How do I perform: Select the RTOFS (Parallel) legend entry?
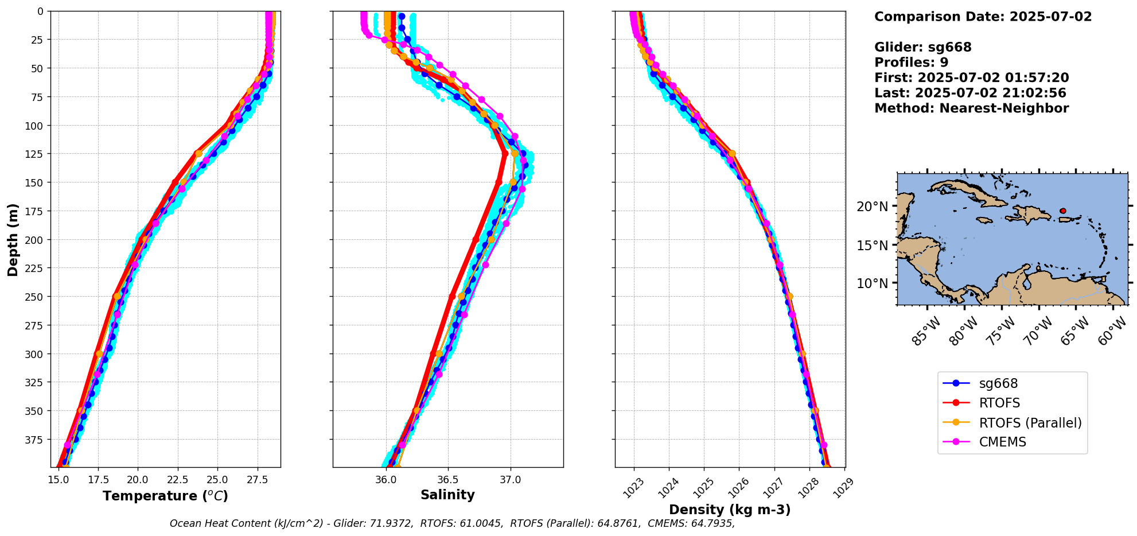click(1030, 423)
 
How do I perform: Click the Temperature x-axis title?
click(165, 496)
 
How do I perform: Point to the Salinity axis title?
click(447, 495)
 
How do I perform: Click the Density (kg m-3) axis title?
click(730, 510)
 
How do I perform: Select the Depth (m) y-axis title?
click(13, 239)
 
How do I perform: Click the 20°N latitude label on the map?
click(873, 207)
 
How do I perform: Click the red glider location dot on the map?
click(1063, 211)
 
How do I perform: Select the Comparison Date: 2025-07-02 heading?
click(983, 17)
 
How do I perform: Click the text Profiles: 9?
click(911, 63)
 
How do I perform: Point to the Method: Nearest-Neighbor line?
click(971, 108)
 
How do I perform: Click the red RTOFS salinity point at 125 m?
click(505, 154)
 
